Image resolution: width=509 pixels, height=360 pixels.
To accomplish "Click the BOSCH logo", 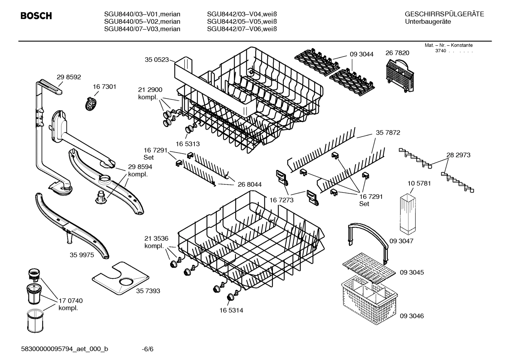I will (36, 16).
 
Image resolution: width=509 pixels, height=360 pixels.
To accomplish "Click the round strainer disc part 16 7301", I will (91, 104).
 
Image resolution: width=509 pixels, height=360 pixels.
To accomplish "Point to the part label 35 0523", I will (157, 60).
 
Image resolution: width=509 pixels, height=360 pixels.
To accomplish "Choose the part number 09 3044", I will (361, 54).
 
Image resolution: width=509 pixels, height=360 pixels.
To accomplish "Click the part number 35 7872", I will (388, 132).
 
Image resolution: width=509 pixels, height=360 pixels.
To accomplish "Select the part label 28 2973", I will (458, 155).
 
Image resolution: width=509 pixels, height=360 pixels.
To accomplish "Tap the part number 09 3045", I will (412, 272).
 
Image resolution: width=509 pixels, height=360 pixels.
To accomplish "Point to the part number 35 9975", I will (82, 255).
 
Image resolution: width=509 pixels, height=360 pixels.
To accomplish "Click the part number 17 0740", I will (71, 301).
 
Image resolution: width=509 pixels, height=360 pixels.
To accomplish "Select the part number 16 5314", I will (231, 310).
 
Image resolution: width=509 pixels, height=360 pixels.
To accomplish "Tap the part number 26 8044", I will (250, 184).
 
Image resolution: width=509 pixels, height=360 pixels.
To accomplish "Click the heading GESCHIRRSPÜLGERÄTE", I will (444, 14).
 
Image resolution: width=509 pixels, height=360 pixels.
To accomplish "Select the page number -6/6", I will (148, 349).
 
